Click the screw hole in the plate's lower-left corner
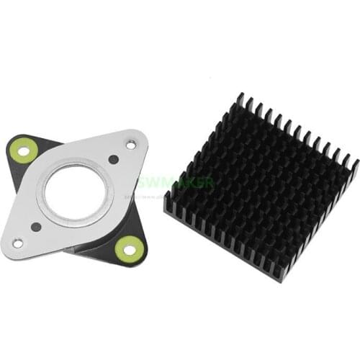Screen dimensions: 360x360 [17, 243]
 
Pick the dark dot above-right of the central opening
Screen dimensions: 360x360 [113, 160]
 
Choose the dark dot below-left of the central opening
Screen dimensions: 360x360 [36, 226]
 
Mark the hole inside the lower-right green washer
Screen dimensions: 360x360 [130, 249]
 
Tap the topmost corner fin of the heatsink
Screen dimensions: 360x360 [240, 96]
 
